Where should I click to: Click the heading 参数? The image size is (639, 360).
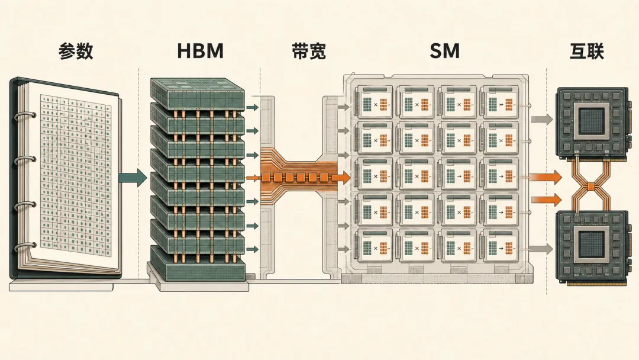tap(76, 51)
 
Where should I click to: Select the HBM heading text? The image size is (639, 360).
tap(200, 51)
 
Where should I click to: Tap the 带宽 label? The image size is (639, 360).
tap(309, 51)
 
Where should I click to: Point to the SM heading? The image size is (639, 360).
tap(444, 51)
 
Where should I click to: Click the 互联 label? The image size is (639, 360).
tap(586, 51)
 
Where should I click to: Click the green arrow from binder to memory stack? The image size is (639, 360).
tap(133, 178)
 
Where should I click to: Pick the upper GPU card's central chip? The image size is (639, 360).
tap(591, 121)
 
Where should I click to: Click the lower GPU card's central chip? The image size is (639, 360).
tap(591, 244)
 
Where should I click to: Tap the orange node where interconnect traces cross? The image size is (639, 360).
tap(591, 187)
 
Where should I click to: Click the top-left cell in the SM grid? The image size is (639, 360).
tap(373, 102)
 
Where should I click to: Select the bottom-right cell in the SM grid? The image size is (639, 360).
tap(500, 246)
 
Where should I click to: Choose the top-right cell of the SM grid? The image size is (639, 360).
tap(500, 102)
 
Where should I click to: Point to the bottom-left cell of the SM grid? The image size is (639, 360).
tap(373, 246)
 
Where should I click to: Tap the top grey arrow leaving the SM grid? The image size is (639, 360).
tap(541, 120)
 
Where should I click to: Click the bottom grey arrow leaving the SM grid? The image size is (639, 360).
tap(541, 248)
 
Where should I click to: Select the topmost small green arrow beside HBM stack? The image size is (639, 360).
tap(253, 108)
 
